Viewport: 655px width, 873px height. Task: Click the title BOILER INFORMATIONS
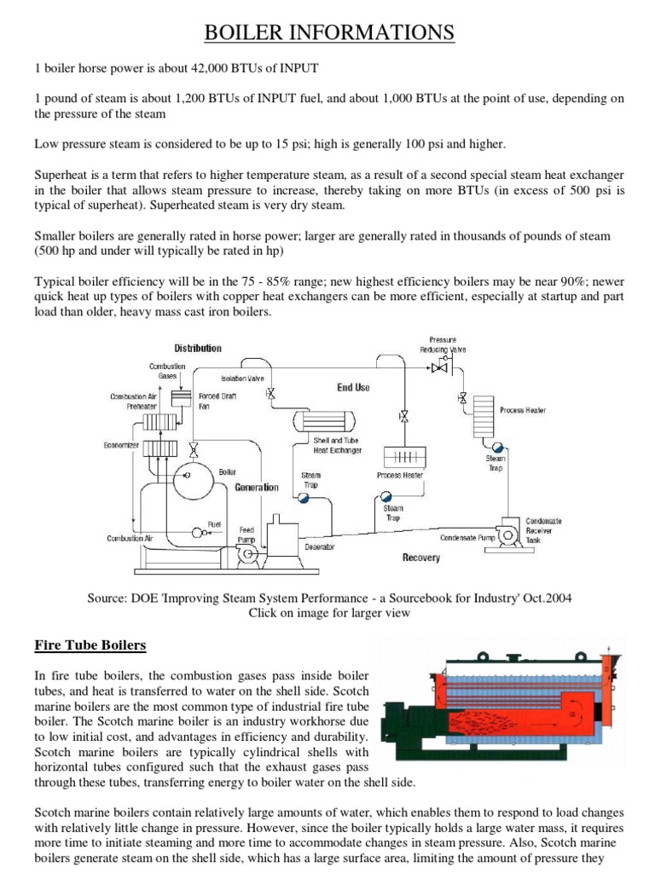pos(327,32)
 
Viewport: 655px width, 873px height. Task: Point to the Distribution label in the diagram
pos(198,348)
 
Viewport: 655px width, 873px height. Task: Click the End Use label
pos(353,387)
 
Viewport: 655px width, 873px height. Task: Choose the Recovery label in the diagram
pos(420,558)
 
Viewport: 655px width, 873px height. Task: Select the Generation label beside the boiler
pos(257,488)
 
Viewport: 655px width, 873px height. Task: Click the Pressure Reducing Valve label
pos(443,344)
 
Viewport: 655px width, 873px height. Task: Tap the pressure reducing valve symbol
pos(439,367)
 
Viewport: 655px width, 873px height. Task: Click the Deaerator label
pos(320,546)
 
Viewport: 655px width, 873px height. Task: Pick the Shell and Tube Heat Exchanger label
pos(338,445)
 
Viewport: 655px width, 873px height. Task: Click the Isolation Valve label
pos(242,378)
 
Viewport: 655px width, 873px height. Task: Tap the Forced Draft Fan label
pos(217,401)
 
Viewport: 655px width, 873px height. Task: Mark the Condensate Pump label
pos(467,538)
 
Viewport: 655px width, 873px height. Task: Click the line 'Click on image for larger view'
pos(329,612)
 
